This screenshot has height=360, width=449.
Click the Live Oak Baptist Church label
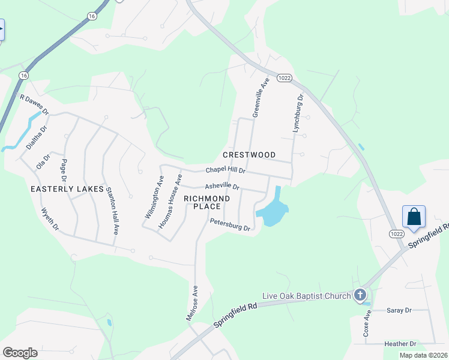pyautogui.click(x=307, y=296)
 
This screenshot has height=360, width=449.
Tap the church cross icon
pyautogui.click(x=360, y=295)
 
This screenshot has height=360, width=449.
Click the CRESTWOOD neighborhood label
pyautogui.click(x=249, y=155)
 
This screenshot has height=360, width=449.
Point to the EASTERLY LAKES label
pyautogui.click(x=67, y=189)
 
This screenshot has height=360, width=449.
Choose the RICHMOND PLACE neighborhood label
pyautogui.click(x=207, y=202)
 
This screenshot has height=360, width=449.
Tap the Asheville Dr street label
pyautogui.click(x=222, y=187)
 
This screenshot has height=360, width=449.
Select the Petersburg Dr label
pyautogui.click(x=229, y=224)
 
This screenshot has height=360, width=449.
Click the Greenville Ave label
pyautogui.click(x=259, y=98)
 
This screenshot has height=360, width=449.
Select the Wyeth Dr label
pyautogui.click(x=50, y=218)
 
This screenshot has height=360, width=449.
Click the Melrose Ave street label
pyautogui.click(x=193, y=303)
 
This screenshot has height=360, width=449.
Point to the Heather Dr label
pyautogui.click(x=400, y=344)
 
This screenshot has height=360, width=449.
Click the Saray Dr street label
pyautogui.click(x=399, y=310)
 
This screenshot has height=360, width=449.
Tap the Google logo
pyautogui.click(x=20, y=352)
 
